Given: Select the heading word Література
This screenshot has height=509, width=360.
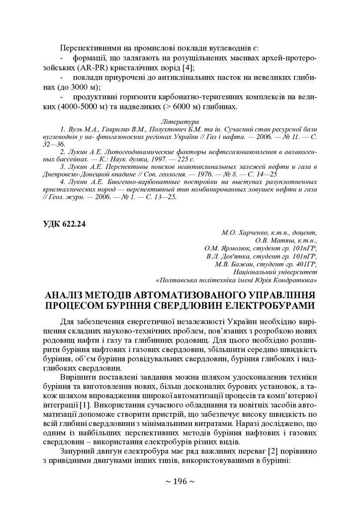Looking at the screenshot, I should click(x=180, y=121).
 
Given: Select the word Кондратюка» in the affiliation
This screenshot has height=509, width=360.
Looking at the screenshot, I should click(x=295, y=280).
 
